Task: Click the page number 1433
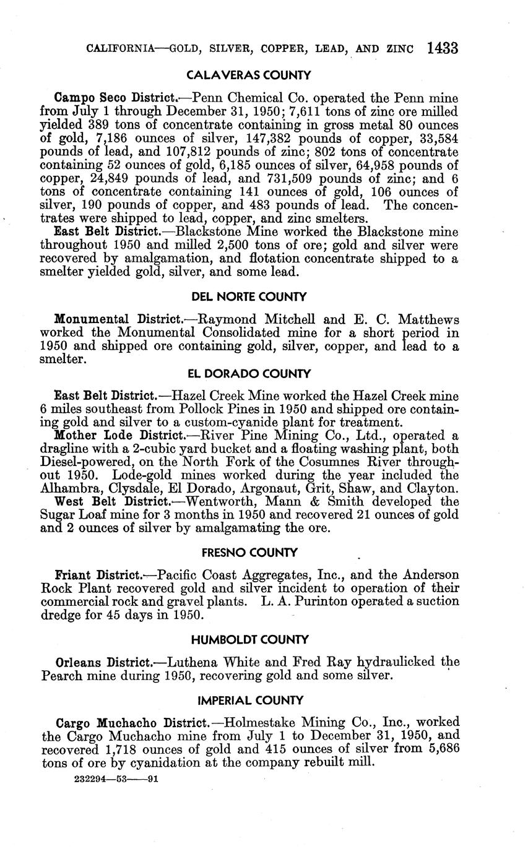click(x=442, y=48)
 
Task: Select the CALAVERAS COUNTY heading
click(x=248, y=76)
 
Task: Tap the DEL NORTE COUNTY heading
click(x=248, y=297)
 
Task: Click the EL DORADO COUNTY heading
click(x=248, y=374)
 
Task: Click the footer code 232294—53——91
click(x=116, y=780)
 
